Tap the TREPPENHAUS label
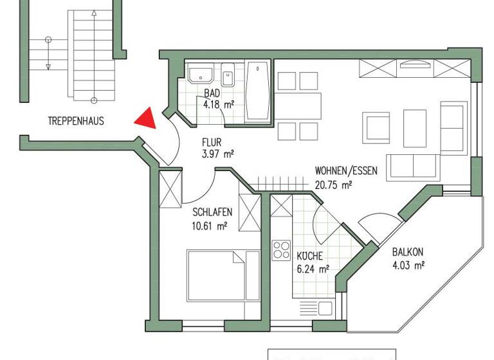coord(75,120)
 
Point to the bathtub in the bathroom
coord(259,91)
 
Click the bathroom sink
coord(201,75)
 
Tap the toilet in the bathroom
coord(228,77)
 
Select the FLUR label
coord(213,143)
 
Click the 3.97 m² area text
coord(217,154)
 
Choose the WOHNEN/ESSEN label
coord(345,172)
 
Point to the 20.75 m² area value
coord(333,184)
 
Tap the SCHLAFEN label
coord(212,213)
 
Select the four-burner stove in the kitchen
coord(281,249)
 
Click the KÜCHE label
coord(309,256)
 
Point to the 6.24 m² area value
coord(313,269)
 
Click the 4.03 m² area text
coord(408,265)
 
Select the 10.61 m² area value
coord(210,226)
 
